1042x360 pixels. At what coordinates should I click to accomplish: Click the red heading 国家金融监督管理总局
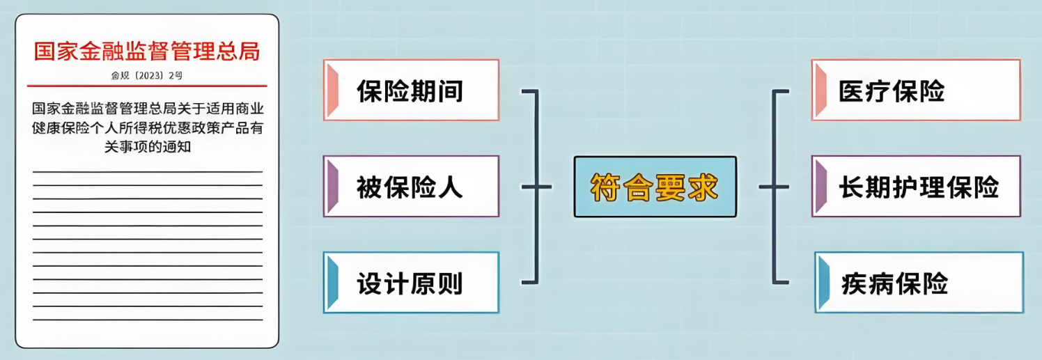click(x=147, y=52)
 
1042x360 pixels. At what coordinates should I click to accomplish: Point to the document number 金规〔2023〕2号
click(x=147, y=75)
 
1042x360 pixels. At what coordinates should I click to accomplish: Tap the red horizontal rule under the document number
click(x=147, y=86)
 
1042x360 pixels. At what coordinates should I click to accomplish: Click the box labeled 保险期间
click(x=411, y=90)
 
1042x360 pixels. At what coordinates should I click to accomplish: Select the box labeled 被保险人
click(x=411, y=186)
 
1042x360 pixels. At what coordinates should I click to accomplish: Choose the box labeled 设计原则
click(x=411, y=282)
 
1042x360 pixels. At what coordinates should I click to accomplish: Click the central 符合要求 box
click(x=655, y=187)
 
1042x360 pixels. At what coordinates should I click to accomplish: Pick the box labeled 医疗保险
click(x=916, y=90)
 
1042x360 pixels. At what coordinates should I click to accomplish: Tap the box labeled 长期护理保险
click(x=916, y=186)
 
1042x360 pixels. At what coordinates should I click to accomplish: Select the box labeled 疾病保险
click(x=919, y=282)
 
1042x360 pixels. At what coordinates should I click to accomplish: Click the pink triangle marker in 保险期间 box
click(x=333, y=90)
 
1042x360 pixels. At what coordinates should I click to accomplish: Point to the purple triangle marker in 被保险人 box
click(x=333, y=186)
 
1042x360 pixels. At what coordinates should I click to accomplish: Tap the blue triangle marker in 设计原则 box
click(x=333, y=282)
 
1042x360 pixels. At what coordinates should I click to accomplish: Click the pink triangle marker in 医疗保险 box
click(x=821, y=90)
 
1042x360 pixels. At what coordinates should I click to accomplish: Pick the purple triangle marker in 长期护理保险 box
click(x=821, y=186)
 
